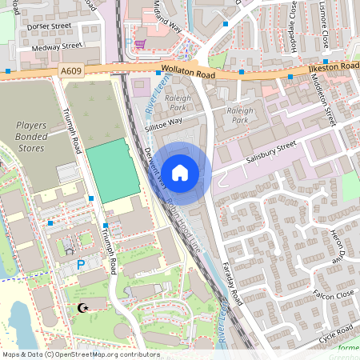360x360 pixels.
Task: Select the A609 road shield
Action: point(71,71)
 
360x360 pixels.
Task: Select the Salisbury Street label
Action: point(271,150)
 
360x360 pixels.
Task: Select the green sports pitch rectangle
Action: point(108,170)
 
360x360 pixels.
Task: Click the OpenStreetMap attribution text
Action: point(80,354)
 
